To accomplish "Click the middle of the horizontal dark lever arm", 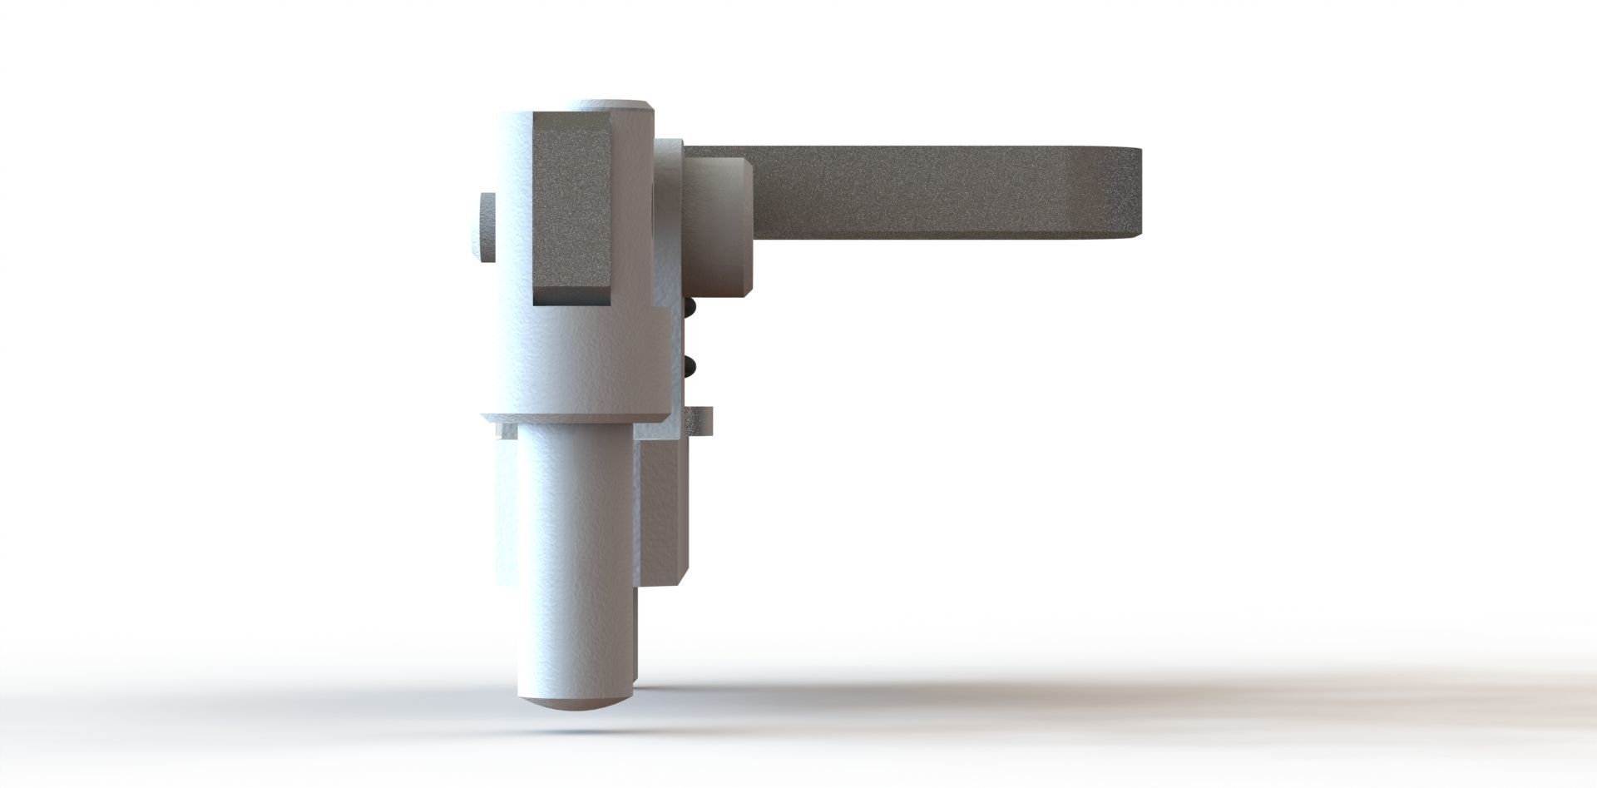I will (915, 190).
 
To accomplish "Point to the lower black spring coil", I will (689, 364).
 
